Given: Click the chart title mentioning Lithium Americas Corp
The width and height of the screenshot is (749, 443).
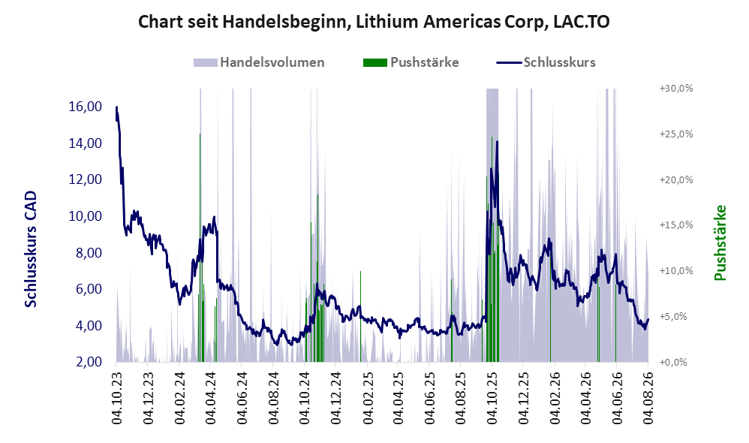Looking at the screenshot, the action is [374, 22].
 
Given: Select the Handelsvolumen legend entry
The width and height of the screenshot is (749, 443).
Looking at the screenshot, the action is [259, 62].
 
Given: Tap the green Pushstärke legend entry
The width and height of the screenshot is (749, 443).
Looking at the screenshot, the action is [411, 62].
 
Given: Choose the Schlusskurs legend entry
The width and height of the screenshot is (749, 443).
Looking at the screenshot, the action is [546, 62].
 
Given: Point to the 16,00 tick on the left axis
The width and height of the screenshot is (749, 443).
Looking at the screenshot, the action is [86, 106].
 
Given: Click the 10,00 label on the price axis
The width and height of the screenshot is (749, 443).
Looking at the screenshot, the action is [86, 216].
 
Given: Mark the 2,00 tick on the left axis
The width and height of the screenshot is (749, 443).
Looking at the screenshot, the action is [89, 362].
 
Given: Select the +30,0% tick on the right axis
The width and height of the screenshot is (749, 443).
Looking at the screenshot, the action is [676, 89].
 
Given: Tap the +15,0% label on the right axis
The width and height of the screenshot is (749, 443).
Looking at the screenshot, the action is [676, 225].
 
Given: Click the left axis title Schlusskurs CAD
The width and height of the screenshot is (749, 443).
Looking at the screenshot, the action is [31, 249].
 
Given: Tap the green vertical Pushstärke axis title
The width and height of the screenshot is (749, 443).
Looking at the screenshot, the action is [720, 243].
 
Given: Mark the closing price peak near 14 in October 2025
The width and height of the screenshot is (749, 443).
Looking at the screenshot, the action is [498, 141].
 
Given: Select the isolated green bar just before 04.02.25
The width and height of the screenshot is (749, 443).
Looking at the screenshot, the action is [361, 316].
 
